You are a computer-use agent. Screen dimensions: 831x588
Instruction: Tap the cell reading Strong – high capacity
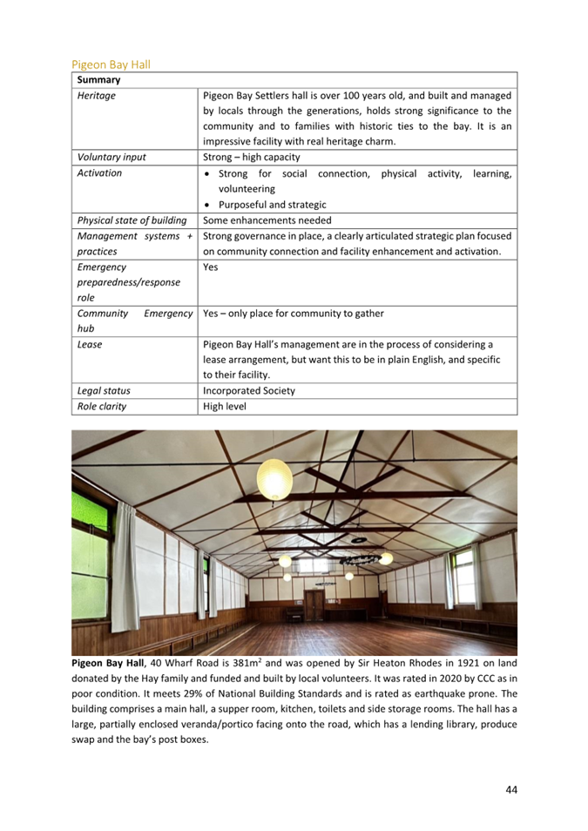252,158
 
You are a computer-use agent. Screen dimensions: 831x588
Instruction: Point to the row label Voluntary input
112,158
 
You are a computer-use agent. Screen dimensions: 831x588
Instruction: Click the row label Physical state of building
132,220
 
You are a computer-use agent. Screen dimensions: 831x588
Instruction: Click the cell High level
226,406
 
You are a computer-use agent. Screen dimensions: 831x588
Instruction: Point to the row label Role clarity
102,406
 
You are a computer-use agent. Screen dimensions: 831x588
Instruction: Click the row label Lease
90,344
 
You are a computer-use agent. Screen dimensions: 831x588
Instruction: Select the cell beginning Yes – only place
293,314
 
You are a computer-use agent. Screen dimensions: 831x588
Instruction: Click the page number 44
511,789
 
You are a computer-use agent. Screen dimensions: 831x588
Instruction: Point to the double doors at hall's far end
313,606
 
